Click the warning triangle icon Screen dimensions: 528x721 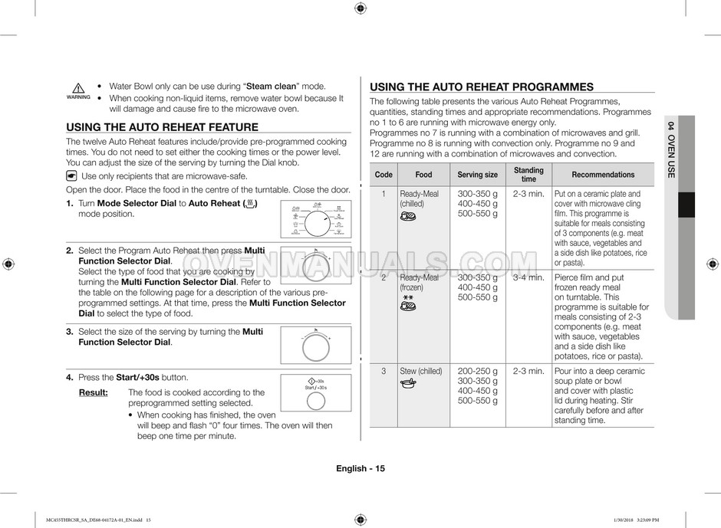pos(78,89)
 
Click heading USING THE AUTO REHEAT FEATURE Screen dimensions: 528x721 pos(162,127)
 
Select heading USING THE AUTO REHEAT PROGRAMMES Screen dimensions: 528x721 pos(482,87)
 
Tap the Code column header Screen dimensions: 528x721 pos(384,175)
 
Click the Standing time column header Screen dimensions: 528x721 pos(528,175)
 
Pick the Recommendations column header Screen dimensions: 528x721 pos(603,175)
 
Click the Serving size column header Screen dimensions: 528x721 pos(477,175)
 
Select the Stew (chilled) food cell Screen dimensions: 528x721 pos(421,371)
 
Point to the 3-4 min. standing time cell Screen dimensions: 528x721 pos(528,277)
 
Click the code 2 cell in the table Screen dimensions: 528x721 pos(384,277)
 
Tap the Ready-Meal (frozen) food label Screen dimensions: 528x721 pos(419,283)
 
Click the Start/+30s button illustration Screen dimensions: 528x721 pos(316,385)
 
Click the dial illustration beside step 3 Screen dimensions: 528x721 pos(316,346)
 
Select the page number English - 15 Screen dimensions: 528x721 pos(360,469)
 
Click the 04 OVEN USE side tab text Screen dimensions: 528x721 pos(670,149)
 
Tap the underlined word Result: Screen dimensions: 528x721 pos(93,392)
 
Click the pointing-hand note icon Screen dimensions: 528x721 pos(72,175)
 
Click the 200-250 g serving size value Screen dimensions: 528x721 pos(477,371)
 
